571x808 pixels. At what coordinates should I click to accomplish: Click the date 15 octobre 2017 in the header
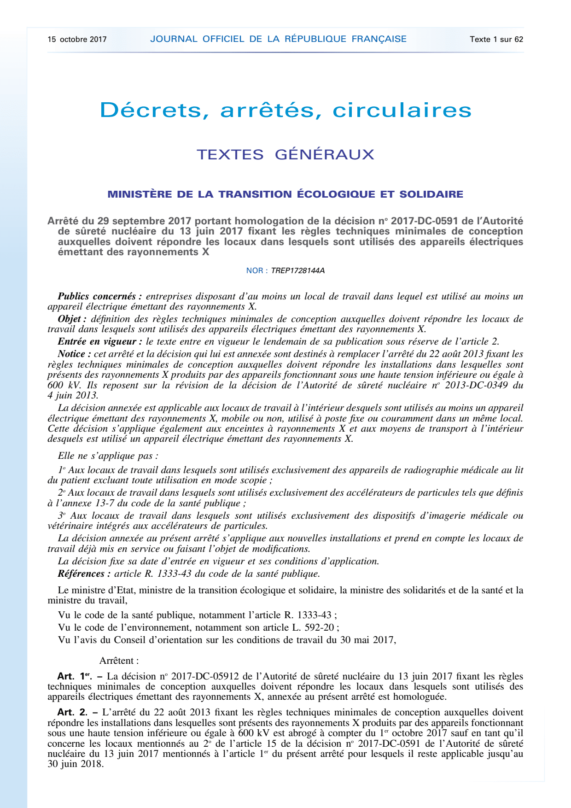tap(77, 39)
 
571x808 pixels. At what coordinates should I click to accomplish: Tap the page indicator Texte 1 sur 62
tap(496, 39)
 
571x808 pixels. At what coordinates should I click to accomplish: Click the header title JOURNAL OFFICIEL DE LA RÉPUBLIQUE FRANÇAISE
tap(278, 39)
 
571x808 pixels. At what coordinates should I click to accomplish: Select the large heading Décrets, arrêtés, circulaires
tap(285, 110)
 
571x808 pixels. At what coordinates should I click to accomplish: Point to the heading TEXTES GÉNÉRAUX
tap(285, 154)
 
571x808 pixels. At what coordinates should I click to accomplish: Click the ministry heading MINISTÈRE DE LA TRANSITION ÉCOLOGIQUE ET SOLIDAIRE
tap(285, 194)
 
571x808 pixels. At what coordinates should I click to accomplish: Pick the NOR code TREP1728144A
tap(297, 270)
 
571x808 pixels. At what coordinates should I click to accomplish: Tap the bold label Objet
tap(72, 319)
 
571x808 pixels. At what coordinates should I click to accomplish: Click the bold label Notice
tap(74, 354)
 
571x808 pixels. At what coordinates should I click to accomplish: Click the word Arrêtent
tap(119, 661)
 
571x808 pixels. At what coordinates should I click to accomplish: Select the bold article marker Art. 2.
tap(72, 713)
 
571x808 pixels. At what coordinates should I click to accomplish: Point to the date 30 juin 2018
tap(75, 764)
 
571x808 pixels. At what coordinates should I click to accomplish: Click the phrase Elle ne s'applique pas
tap(108, 456)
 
